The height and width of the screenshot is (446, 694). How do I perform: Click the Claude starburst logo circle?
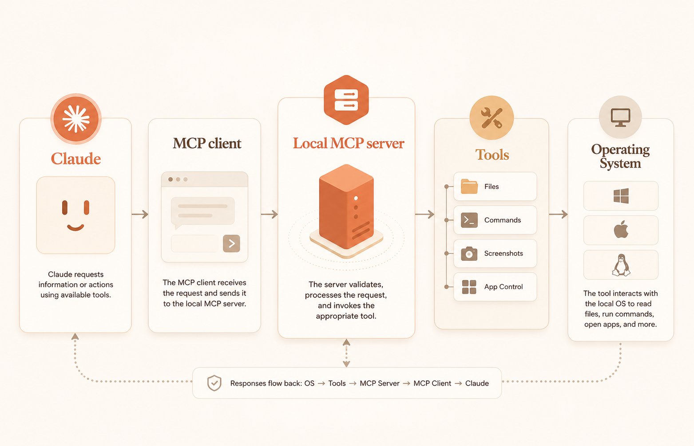coord(76,119)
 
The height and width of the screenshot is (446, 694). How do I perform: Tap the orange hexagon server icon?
coord(346,100)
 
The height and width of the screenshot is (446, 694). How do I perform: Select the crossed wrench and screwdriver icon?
coord(492,118)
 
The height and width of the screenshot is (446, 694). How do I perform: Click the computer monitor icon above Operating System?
coord(620,117)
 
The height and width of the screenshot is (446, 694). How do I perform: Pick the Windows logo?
coord(621,196)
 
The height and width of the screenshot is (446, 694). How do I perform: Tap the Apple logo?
coord(621,230)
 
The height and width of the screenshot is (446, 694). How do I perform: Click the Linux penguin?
coord(621,265)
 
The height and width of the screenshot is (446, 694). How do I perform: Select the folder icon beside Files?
coord(469,186)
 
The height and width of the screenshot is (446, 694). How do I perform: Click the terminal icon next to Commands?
coord(469,220)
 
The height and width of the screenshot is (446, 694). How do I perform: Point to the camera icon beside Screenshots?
coord(469,254)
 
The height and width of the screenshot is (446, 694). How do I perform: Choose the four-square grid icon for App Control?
coord(469,287)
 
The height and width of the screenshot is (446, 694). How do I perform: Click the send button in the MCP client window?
coord(231,243)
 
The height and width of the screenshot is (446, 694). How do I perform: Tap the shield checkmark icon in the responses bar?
coord(214,383)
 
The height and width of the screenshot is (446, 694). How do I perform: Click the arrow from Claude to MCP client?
coord(140,214)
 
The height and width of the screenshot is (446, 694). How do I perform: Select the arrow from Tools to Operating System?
coord(558,214)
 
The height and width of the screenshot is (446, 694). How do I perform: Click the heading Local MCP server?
coord(349,143)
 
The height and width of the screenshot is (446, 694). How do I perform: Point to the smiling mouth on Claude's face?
coord(75,227)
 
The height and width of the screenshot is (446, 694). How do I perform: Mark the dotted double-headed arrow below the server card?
coord(346,353)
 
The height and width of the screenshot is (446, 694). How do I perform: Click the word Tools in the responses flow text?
coord(337,383)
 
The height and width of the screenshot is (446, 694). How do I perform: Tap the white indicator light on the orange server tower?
coord(356,198)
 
